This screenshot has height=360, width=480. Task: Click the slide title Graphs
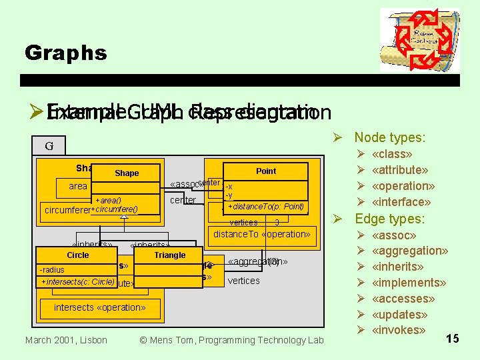[65, 53]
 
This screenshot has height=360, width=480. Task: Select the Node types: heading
[389, 137]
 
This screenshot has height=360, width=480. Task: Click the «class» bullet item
[393, 154]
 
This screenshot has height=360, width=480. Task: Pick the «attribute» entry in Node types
[399, 170]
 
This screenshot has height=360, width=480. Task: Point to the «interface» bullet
[401, 201]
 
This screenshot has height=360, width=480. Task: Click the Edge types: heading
[389, 219]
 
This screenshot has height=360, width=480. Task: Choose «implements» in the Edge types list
[408, 283]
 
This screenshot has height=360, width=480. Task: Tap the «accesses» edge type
[403, 299]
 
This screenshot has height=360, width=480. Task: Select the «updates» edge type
[401, 315]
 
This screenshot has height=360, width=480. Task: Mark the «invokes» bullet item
[398, 330]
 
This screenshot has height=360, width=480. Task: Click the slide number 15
[452, 339]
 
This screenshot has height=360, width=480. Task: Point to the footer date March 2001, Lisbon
[66, 340]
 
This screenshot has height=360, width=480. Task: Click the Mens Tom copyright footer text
[231, 340]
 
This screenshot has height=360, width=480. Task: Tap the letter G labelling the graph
[49, 146]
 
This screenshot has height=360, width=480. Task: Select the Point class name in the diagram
[266, 171]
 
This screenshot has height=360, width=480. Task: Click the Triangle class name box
[169, 255]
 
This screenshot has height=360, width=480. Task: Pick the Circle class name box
[78, 255]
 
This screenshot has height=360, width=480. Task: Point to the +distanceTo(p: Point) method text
[266, 206]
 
